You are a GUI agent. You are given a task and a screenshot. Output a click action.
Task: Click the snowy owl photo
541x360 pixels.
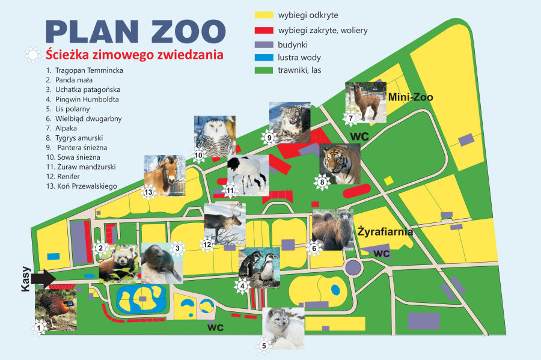[x=215, y=136]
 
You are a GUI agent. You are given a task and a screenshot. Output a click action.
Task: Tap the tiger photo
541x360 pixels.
[x=340, y=164]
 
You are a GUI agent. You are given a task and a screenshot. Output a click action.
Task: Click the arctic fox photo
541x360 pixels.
[x=284, y=328]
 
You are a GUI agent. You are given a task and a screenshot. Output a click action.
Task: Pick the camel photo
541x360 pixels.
[x=332, y=230]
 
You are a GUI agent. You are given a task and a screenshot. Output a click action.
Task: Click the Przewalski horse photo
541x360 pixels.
[x=164, y=176]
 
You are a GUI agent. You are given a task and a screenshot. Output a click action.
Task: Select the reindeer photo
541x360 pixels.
[x=225, y=224]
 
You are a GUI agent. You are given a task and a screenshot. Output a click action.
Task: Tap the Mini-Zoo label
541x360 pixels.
[x=411, y=97]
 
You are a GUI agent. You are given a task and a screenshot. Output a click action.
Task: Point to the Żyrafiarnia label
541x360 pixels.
[x=385, y=231]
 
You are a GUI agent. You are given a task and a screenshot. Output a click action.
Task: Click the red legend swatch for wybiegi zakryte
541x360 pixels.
[x=263, y=29]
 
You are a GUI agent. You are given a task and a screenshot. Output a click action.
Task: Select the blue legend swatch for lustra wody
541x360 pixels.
[x=263, y=58]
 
